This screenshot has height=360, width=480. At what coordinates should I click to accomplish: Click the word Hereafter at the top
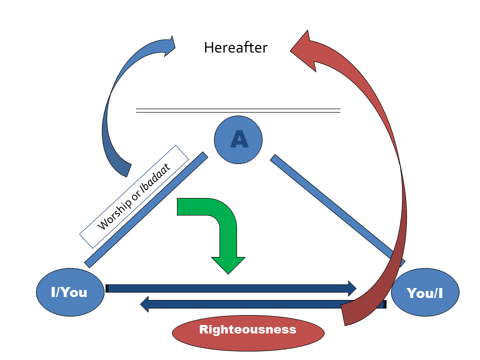point(235,48)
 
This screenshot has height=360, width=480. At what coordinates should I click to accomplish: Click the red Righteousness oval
point(247,330)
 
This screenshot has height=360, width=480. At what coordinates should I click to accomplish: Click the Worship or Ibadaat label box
point(134,196)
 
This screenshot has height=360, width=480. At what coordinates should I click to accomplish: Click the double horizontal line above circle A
point(238,110)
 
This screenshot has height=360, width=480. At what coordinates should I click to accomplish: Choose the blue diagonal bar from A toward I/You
point(146,209)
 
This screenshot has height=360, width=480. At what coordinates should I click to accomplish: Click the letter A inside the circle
point(239,140)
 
